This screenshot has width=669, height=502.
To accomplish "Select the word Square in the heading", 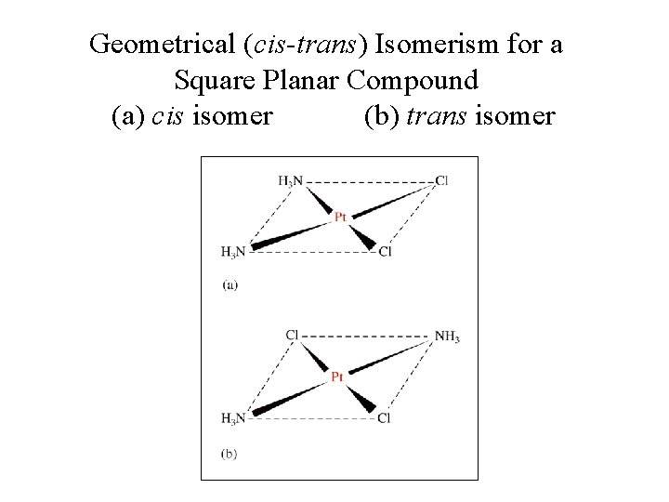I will (x=210, y=81).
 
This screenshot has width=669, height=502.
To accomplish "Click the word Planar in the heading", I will (x=297, y=81).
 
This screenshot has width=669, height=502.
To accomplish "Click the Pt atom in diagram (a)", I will (x=340, y=216).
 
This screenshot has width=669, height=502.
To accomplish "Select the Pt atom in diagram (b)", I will (x=338, y=376).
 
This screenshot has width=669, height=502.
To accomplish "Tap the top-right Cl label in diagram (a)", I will (x=441, y=180).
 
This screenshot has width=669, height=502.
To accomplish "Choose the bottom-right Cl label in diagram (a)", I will (x=386, y=252).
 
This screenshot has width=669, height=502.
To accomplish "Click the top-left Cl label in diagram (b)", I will (x=292, y=335).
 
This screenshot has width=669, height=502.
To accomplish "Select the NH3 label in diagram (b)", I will (x=448, y=337).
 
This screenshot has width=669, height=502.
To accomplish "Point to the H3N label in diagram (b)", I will (x=233, y=419).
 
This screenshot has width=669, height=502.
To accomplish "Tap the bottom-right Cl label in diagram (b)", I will (x=385, y=419).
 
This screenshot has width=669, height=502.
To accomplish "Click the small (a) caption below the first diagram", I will (x=230, y=285).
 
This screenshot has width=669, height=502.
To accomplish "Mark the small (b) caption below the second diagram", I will (x=230, y=453).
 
